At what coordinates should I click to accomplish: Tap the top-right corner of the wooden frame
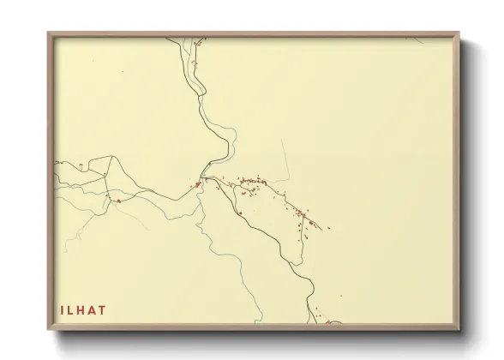(x=459, y=33)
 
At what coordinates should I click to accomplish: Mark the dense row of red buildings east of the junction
(x=254, y=181)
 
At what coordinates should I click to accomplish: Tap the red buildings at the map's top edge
(x=198, y=39)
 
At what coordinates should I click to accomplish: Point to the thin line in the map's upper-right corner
(x=415, y=40)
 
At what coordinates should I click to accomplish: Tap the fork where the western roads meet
(x=105, y=175)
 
